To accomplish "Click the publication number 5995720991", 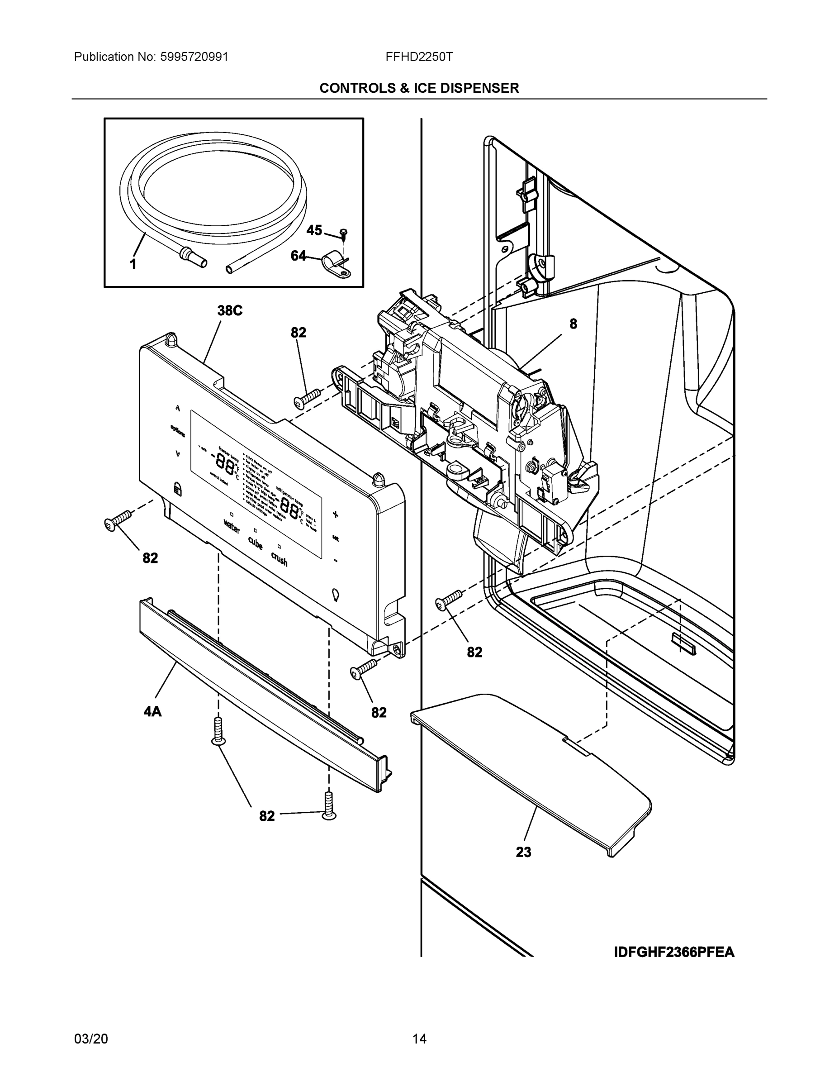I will [x=194, y=57].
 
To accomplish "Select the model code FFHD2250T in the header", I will [x=418, y=57].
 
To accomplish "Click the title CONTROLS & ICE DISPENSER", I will [x=419, y=88].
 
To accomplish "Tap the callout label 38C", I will [x=230, y=311].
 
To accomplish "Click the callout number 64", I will [x=298, y=256].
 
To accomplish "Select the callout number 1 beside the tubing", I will [x=133, y=264].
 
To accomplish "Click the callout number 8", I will [x=573, y=324].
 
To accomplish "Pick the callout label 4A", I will [x=152, y=712].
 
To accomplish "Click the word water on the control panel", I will [x=232, y=526].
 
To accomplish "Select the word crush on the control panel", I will [x=280, y=559].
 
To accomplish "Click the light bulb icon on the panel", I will [x=337, y=595].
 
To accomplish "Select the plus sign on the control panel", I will [x=336, y=514].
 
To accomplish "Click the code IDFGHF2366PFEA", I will [x=674, y=952].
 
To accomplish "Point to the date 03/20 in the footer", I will [x=91, y=1039].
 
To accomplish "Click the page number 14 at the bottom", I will [x=419, y=1039].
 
